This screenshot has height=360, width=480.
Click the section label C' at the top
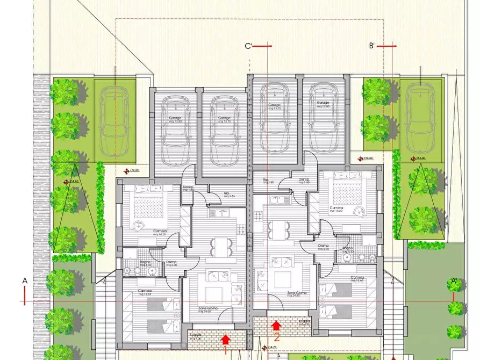click(249, 46)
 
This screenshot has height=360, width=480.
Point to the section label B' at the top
click(371, 46)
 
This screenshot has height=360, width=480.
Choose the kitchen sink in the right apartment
click(279, 200)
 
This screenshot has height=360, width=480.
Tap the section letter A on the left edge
click(25, 280)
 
